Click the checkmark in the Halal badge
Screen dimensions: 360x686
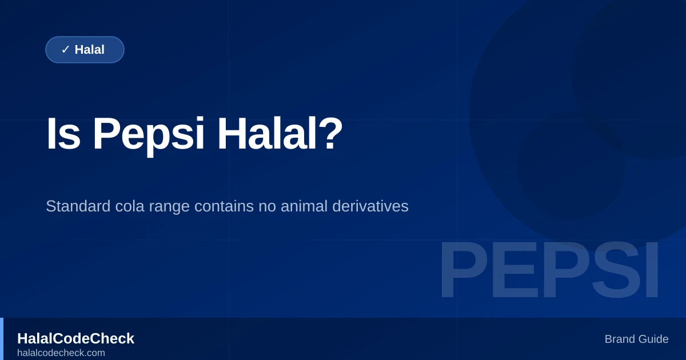(x=65, y=50)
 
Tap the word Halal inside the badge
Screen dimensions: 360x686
(x=90, y=50)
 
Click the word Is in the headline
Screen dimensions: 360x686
(x=63, y=134)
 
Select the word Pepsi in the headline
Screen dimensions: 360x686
(x=148, y=134)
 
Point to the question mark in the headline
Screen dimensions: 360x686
(x=332, y=134)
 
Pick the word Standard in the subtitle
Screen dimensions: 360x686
(x=78, y=206)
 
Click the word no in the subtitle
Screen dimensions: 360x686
(x=267, y=206)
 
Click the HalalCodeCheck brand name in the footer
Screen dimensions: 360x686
(x=75, y=338)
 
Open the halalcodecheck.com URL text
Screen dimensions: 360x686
(x=61, y=353)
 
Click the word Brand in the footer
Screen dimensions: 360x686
(x=620, y=339)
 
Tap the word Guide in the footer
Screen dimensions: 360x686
(x=653, y=339)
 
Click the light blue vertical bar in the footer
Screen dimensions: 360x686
(x=2, y=339)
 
